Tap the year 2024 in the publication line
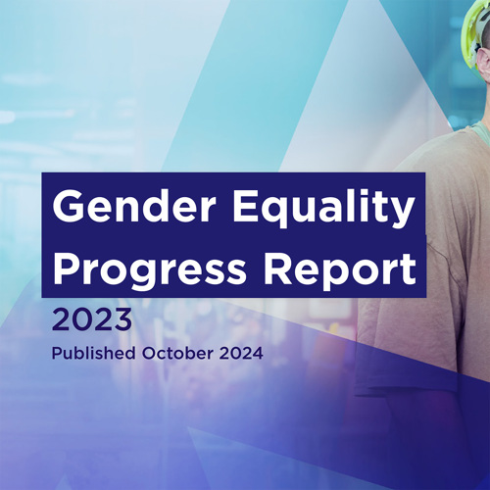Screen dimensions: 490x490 (241, 353)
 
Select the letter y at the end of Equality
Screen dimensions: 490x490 (403, 213)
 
